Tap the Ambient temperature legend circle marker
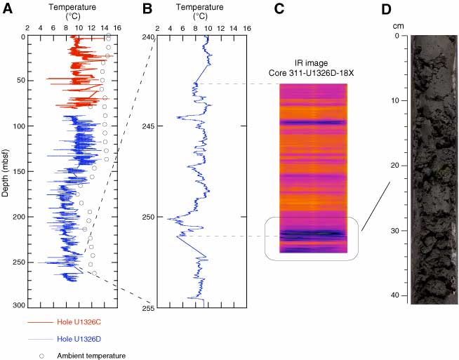pyautogui.click(x=41, y=356)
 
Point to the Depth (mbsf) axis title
pyautogui.click(x=6, y=171)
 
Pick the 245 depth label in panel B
pyautogui.click(x=149, y=126)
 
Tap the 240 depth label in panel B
pyautogui.click(x=149, y=36)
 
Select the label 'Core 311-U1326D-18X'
pyautogui.click(x=313, y=72)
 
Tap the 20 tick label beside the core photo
pyautogui.click(x=397, y=166)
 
